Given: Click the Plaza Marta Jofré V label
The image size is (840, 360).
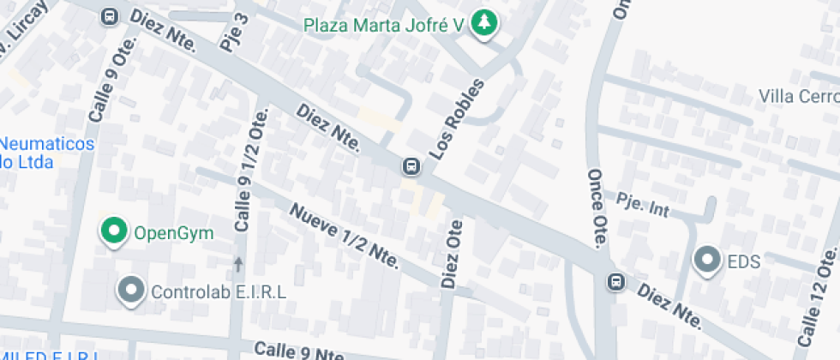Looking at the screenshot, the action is pyautogui.click(x=385, y=24).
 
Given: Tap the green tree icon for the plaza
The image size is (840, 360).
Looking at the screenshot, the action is pyautogui.click(x=484, y=23).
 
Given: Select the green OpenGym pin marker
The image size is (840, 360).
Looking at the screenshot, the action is pyautogui.click(x=112, y=231).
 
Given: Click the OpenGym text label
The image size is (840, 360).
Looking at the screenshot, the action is pyautogui.click(x=173, y=231).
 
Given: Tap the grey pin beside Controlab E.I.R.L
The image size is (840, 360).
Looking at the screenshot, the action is pyautogui.click(x=131, y=291).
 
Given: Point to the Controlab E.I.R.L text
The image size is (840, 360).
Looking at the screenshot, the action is pyautogui.click(x=219, y=291).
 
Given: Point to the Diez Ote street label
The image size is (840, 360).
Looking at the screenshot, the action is pyautogui.click(x=452, y=254).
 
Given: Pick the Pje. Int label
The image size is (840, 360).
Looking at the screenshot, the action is pyautogui.click(x=643, y=205).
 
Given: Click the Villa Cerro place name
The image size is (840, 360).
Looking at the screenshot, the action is pyautogui.click(x=798, y=96).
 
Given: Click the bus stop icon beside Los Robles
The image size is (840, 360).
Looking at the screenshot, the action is pyautogui.click(x=411, y=165).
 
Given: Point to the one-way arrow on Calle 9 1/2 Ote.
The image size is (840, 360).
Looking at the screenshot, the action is pyautogui.click(x=238, y=263).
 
